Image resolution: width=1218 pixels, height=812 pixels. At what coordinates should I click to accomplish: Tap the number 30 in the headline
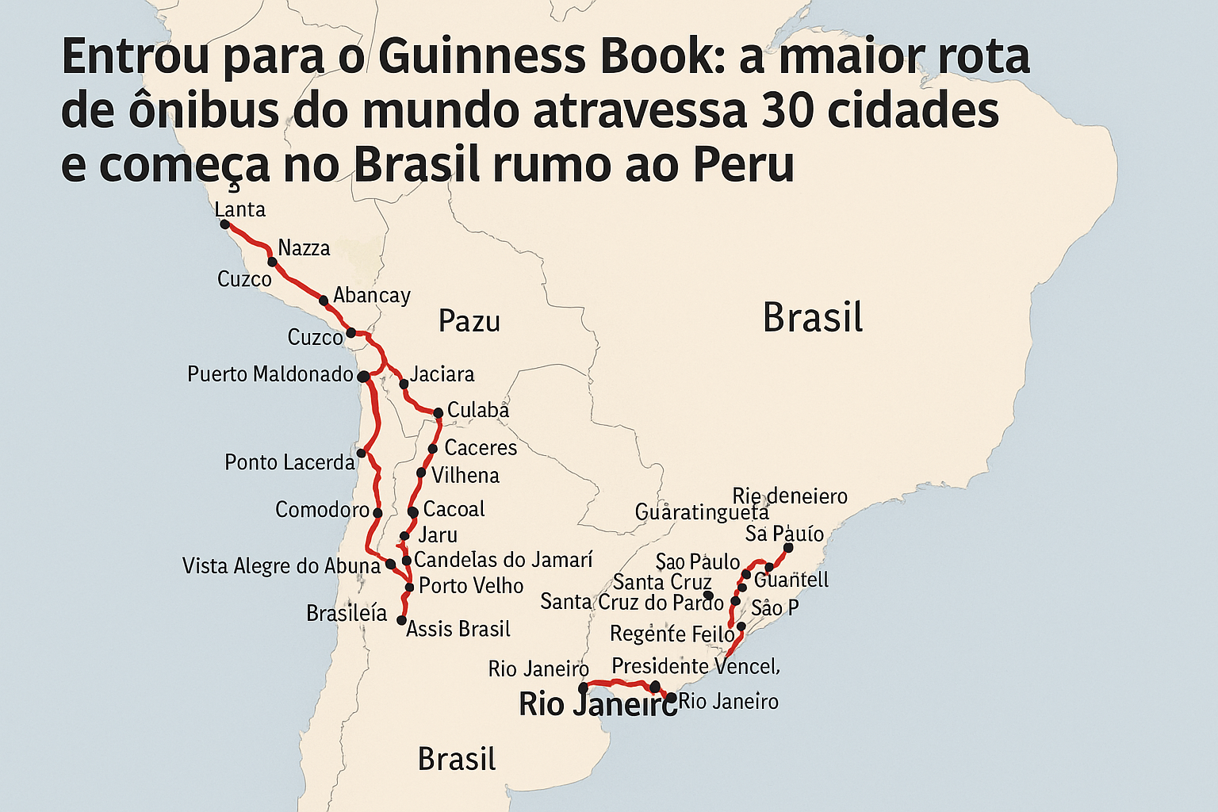[787, 111]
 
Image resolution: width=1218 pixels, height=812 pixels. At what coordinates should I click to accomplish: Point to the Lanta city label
[239, 209]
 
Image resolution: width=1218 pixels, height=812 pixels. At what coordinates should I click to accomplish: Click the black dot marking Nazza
[272, 262]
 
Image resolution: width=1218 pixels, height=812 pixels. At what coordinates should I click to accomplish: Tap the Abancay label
[371, 296]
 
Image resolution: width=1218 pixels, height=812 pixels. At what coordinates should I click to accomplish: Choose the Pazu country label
[469, 321]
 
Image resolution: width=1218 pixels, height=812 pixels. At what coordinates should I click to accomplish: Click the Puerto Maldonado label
[270, 374]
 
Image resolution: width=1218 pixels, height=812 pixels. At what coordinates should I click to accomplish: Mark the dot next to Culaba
[438, 412]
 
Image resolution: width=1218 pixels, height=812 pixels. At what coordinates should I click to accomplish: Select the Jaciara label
[442, 374]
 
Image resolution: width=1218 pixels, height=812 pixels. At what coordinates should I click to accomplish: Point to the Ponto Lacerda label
[289, 462]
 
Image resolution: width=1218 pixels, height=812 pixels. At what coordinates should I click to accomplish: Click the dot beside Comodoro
[377, 513]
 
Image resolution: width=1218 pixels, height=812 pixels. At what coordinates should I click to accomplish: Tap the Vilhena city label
[465, 476]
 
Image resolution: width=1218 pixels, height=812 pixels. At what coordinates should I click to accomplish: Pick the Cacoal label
[454, 509]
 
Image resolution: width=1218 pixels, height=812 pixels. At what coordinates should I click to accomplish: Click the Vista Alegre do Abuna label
[281, 566]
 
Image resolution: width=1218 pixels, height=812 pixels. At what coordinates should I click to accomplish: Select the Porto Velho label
[471, 586]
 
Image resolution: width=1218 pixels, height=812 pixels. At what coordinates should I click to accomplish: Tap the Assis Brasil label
[458, 630]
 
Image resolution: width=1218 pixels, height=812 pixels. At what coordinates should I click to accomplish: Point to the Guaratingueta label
[701, 512]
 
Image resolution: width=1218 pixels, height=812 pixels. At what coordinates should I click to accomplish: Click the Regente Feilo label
[672, 634]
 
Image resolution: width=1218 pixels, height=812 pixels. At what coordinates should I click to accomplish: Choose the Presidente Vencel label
[695, 666]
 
